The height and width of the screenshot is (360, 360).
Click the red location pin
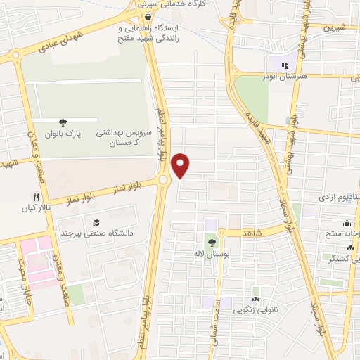point(181,164)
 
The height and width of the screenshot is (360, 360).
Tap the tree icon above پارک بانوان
point(64,122)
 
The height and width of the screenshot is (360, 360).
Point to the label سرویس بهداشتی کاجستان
point(117,137)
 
